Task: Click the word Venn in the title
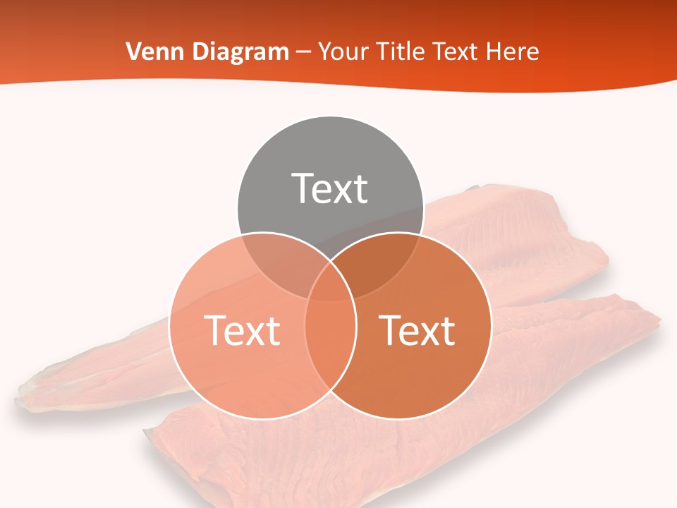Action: point(150,52)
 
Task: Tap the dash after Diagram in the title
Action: point(303,52)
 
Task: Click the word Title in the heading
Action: point(401,52)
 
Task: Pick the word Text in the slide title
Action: point(458,52)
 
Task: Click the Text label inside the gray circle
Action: point(330,188)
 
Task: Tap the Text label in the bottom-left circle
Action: point(242,329)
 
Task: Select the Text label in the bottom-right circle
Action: point(417,329)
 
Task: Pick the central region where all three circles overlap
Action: point(330,286)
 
